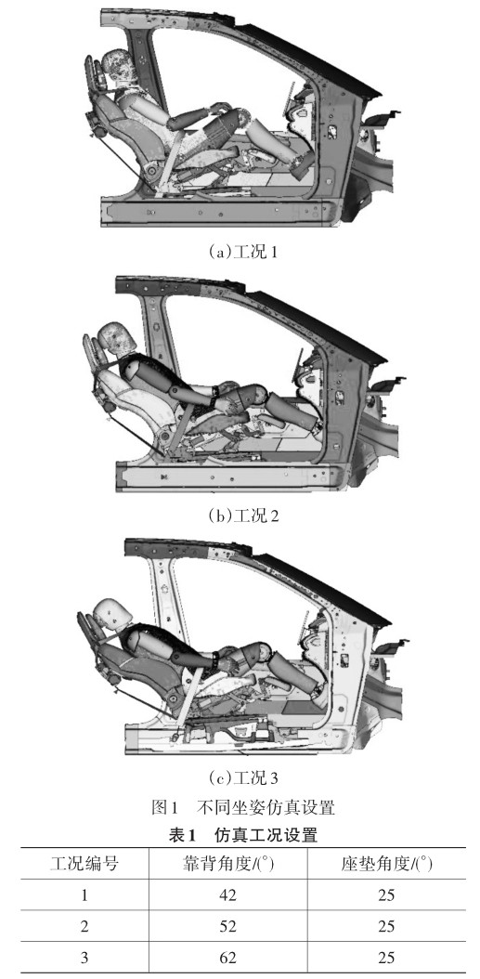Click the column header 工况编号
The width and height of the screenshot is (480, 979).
84,864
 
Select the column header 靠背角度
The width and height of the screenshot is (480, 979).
227,864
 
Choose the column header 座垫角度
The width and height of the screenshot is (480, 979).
386,864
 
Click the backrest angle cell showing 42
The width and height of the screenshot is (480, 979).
227,894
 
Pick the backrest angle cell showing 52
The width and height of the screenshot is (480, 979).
227,925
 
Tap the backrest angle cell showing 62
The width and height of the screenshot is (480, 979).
227,956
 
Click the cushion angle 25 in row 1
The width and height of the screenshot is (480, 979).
386,894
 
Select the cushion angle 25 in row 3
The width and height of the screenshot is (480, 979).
386,956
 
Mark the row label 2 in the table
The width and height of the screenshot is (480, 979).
84,925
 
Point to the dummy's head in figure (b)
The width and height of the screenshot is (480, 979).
117,341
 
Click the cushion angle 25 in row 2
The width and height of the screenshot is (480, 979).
386,925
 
